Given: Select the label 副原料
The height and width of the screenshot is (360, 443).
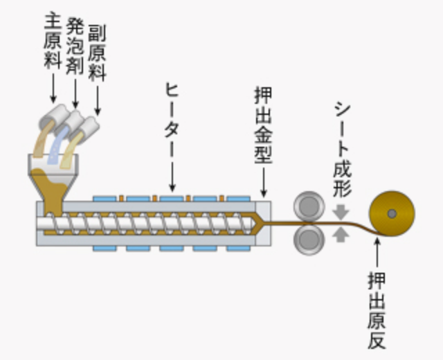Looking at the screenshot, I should tap(97, 48).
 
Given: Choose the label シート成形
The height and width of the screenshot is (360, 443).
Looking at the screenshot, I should tap(342, 148).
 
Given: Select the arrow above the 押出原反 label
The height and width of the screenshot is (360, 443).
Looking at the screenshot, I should tap(377, 253).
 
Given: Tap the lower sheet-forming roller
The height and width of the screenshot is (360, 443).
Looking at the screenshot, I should tap(309, 238).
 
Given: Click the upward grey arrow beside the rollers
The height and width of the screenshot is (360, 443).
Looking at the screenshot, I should tap(341, 234).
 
